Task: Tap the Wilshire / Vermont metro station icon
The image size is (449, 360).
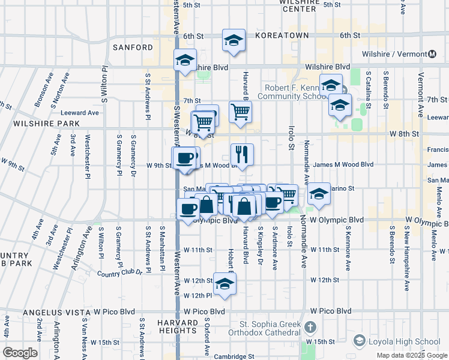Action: coord(432,53)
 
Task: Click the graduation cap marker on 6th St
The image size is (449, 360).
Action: coord(234,40)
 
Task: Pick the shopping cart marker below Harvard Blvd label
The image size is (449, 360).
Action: coord(240,111)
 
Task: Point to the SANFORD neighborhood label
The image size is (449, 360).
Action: coord(133,47)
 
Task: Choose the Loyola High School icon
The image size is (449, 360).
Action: coord(359,341)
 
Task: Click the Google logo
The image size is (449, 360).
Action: coord(20,353)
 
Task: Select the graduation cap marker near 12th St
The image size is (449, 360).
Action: coord(224,284)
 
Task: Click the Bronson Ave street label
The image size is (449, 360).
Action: coord(43,91)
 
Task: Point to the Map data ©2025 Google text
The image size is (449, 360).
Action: coord(411,355)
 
